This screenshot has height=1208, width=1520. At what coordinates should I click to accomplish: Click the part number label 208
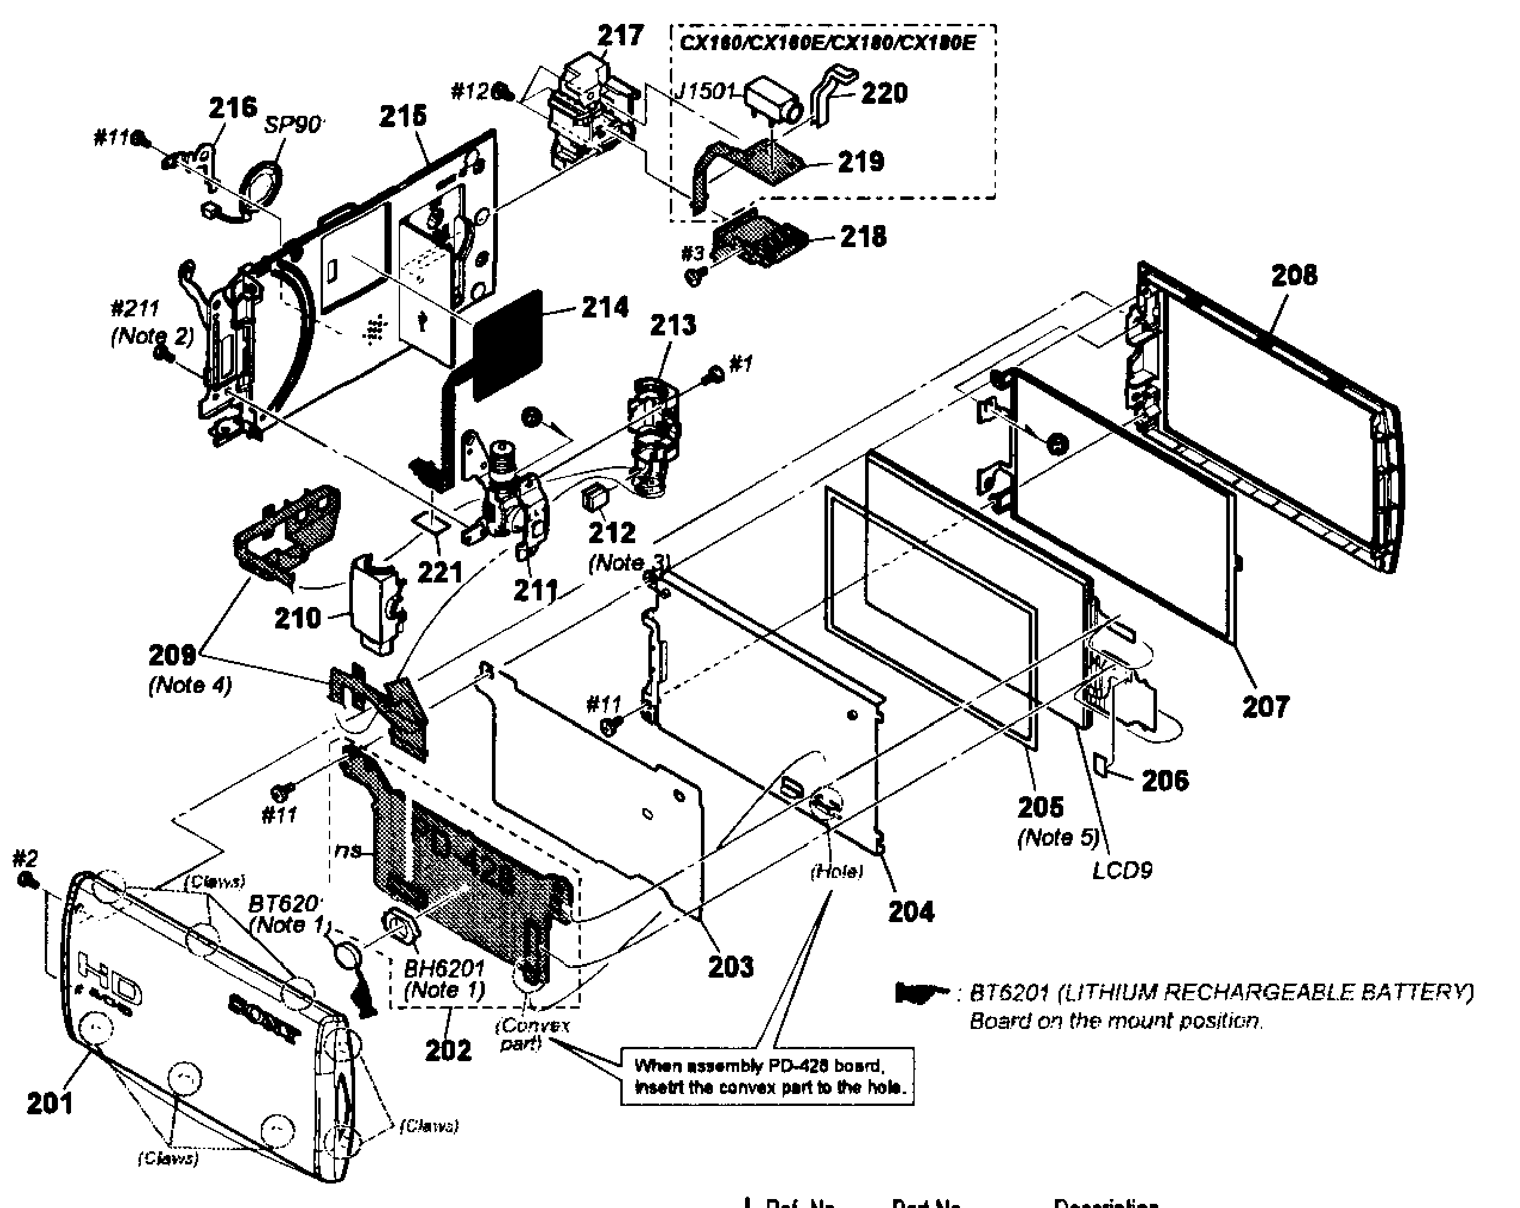tap(1294, 276)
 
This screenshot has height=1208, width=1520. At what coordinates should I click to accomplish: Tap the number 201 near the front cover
tap(50, 1103)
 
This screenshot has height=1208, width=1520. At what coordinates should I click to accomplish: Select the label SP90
tap(293, 125)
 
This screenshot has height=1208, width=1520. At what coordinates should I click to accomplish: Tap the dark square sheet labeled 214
tap(507, 346)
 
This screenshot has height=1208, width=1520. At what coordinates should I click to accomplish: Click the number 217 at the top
tap(620, 35)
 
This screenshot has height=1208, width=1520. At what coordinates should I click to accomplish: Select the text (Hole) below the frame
tap(836, 872)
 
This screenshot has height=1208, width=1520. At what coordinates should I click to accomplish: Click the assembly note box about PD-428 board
tap(767, 1076)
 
